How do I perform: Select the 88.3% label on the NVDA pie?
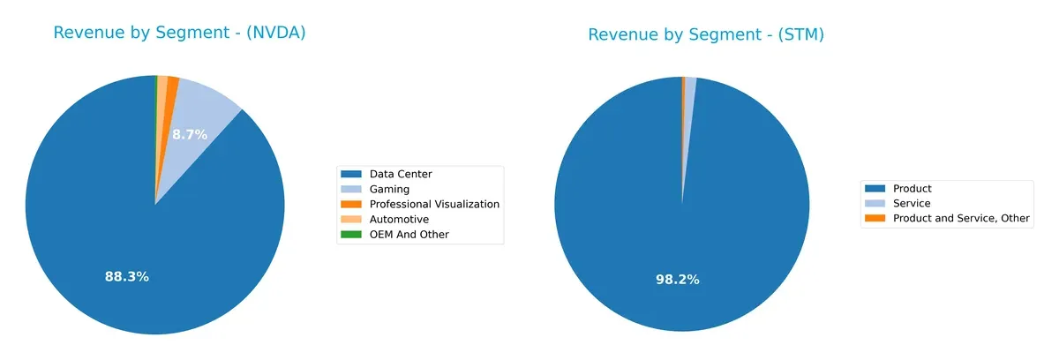point(127,276)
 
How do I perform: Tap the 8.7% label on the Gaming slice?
point(189,135)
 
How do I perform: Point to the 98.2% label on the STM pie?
point(678,280)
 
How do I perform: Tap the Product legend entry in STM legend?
point(912,188)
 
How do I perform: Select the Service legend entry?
point(912,203)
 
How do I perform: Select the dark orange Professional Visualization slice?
point(170,97)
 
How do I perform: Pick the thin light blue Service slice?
point(689,97)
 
